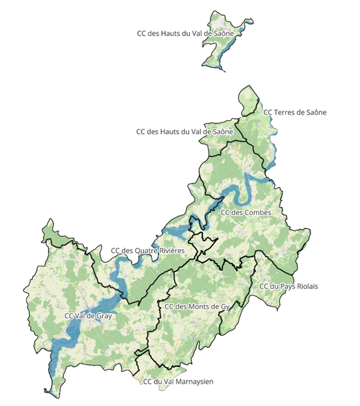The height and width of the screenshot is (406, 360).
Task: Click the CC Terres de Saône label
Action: tap(295, 112)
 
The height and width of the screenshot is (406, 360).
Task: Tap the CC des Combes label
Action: tap(246, 213)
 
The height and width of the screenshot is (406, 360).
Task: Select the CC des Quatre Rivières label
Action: tap(148, 250)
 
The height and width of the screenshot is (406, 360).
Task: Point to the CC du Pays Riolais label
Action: tap(288, 286)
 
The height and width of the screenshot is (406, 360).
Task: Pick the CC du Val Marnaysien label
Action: tap(178, 382)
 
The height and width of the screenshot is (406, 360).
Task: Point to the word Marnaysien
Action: tap(193, 382)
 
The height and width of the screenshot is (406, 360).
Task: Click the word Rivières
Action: tap(169, 250)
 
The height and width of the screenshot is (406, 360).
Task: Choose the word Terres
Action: tap(285, 112)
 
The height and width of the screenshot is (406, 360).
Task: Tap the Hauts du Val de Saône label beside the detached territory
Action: tap(185, 32)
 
